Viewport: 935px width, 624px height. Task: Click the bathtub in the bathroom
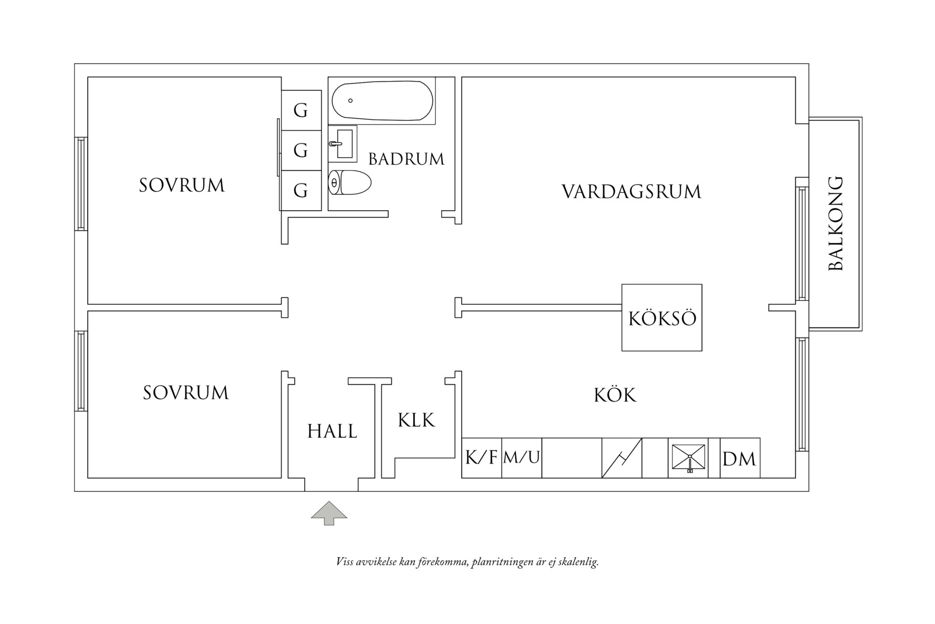coord(382,101)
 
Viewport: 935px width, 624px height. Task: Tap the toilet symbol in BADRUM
coord(349,182)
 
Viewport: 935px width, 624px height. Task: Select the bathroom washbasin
coord(342,143)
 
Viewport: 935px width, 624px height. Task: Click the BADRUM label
coord(406,159)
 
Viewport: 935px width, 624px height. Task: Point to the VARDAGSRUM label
coord(631,192)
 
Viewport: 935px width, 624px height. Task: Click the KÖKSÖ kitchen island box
coord(662,318)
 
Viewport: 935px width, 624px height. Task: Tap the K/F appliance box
coord(481,458)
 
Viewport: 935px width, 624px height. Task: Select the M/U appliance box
coord(522,458)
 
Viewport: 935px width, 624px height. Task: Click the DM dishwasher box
coord(739,459)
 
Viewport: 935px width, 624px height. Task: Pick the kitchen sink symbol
coord(688,458)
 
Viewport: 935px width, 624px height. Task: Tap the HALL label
coord(332,432)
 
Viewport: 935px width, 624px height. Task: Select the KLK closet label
coord(417,421)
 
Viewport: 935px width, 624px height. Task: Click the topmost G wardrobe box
coord(301,110)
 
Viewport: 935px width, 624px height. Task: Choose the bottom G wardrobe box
coord(301,190)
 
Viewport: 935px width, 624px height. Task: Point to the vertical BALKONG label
coord(835,223)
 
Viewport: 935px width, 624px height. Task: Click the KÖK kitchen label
coord(615,395)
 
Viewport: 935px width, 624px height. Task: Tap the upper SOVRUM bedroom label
coord(182,186)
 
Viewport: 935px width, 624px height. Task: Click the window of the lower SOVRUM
coord(80,371)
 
